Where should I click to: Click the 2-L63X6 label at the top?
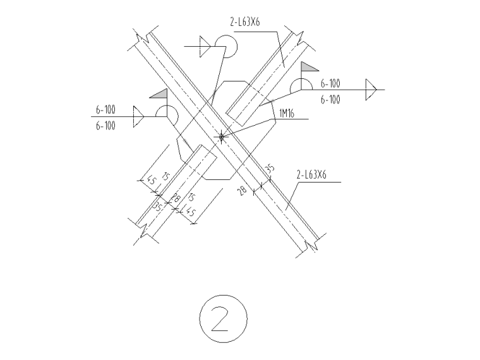tap(245, 21)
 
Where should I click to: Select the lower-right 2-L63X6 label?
tap(311, 174)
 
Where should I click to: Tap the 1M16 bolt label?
tap(287, 114)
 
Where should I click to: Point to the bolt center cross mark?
tap(221, 136)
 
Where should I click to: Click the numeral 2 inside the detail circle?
tap(220, 319)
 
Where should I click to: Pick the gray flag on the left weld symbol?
tap(159, 93)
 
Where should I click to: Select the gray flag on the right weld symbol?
tap(310, 66)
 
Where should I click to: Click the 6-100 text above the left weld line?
tap(105, 110)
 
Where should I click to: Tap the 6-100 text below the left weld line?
tap(105, 126)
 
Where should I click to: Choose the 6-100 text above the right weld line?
tap(330, 83)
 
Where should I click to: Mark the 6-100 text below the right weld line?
tap(330, 99)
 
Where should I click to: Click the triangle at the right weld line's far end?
tap(371, 90)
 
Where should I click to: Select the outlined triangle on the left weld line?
tap(139, 117)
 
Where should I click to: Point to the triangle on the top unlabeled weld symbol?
tap(205, 47)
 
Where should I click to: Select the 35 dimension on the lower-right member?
tap(270, 169)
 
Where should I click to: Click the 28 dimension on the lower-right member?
tap(242, 190)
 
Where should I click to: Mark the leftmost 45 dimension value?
tap(151, 180)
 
